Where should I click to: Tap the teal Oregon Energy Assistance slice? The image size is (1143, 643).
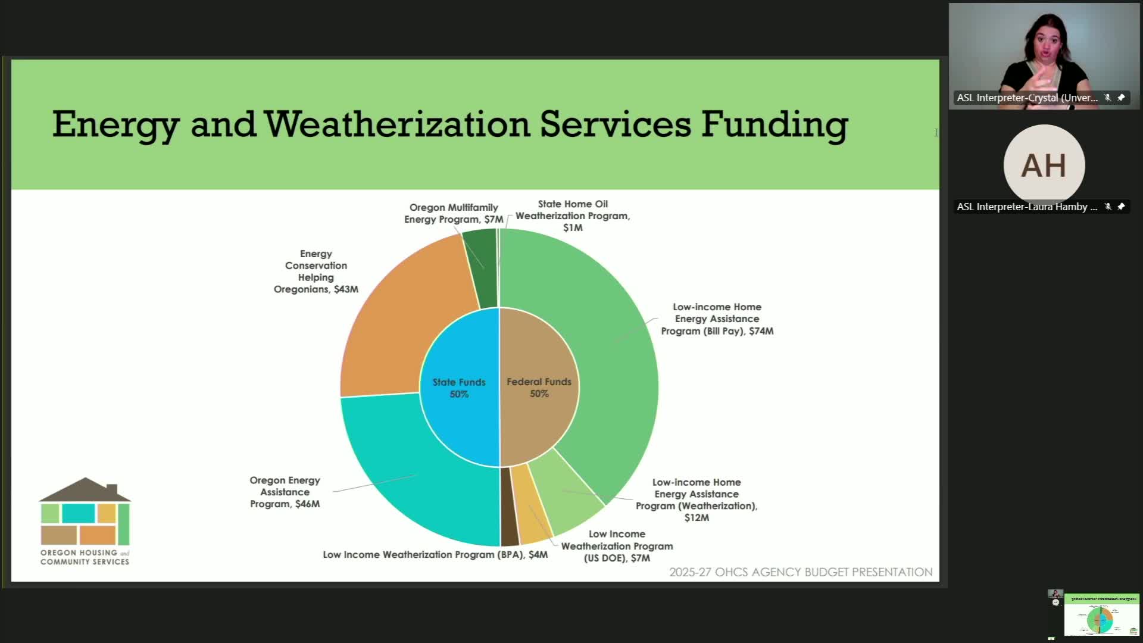pyautogui.click(x=417, y=470)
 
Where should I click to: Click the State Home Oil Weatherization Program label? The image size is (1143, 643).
pyautogui.click(x=573, y=216)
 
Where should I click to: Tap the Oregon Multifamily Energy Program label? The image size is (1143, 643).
pyautogui.click(x=454, y=213)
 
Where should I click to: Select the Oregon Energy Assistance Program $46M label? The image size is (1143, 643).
pyautogui.click(x=285, y=492)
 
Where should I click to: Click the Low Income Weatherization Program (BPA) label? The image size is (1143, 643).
pyautogui.click(x=435, y=554)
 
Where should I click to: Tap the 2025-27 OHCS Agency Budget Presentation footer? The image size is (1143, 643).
pyautogui.click(x=801, y=572)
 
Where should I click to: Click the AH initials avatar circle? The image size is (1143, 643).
pyautogui.click(x=1044, y=165)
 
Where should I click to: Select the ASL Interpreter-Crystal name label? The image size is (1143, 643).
pyautogui.click(x=1027, y=98)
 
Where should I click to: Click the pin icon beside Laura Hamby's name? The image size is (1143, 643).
pyautogui.click(x=1121, y=207)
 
